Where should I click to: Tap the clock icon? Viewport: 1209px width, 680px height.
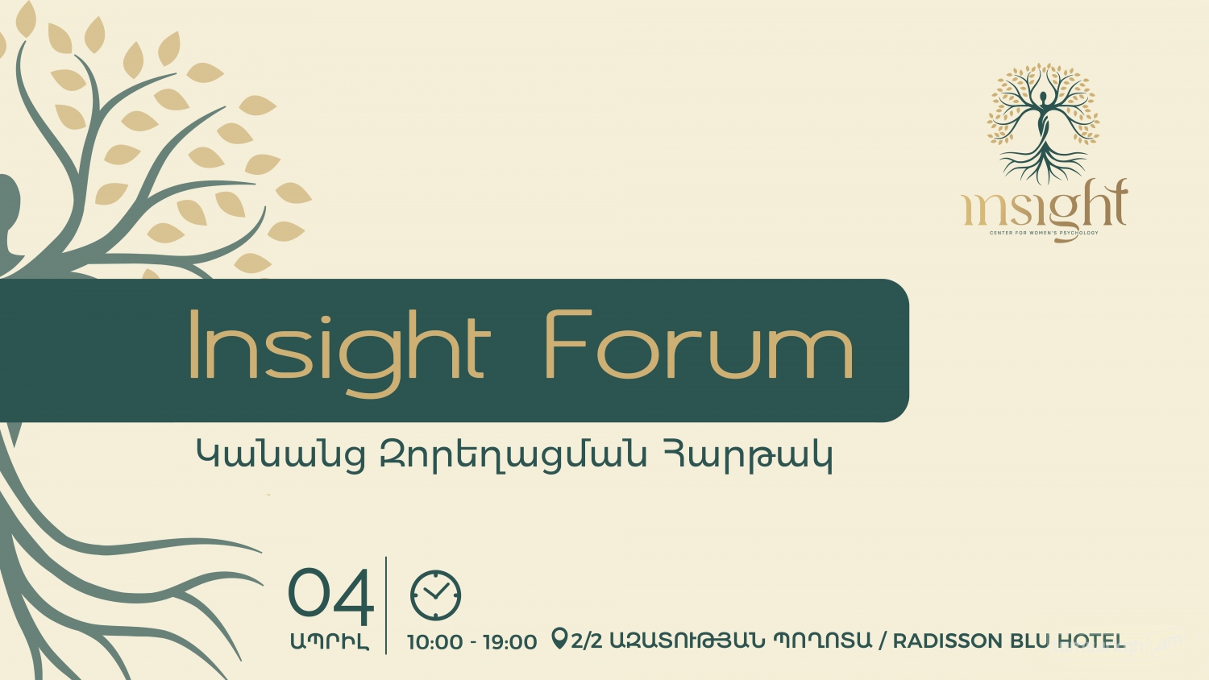point(435,595)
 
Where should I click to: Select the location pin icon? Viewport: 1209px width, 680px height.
point(559,639)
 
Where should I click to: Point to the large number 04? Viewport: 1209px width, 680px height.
point(330,596)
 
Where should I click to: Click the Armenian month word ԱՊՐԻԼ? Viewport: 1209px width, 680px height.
point(330,642)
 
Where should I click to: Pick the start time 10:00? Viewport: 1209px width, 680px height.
point(434,642)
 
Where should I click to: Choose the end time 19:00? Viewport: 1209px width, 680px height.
point(509,642)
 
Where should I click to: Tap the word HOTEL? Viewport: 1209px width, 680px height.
point(1091,641)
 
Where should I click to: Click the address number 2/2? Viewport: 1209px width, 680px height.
point(586,641)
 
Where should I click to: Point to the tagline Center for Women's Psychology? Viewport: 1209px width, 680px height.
point(1044,233)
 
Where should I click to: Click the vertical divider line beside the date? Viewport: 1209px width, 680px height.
point(386,604)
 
